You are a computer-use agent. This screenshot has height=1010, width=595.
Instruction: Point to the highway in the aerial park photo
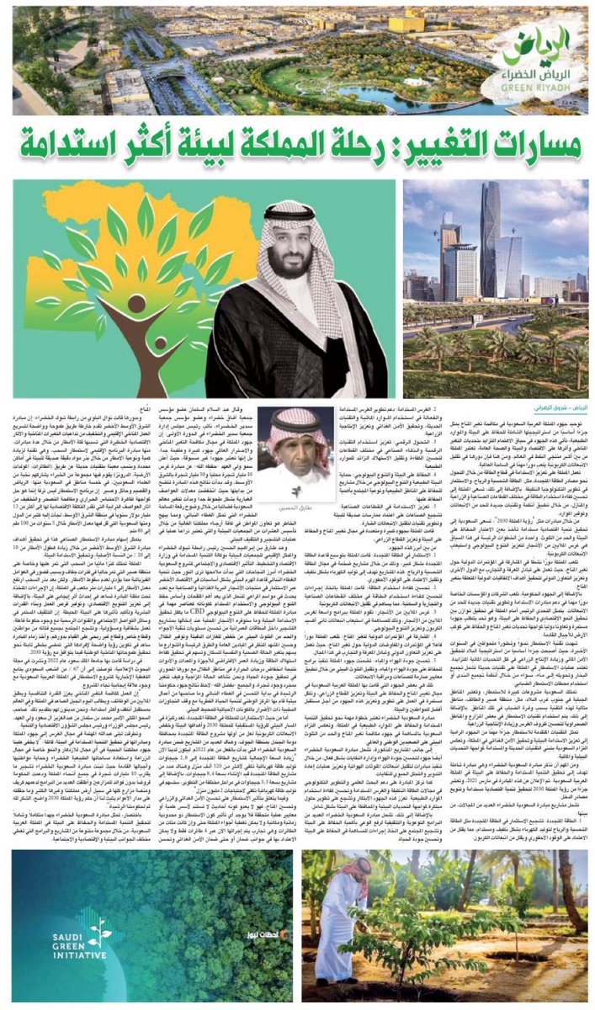(126, 93)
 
